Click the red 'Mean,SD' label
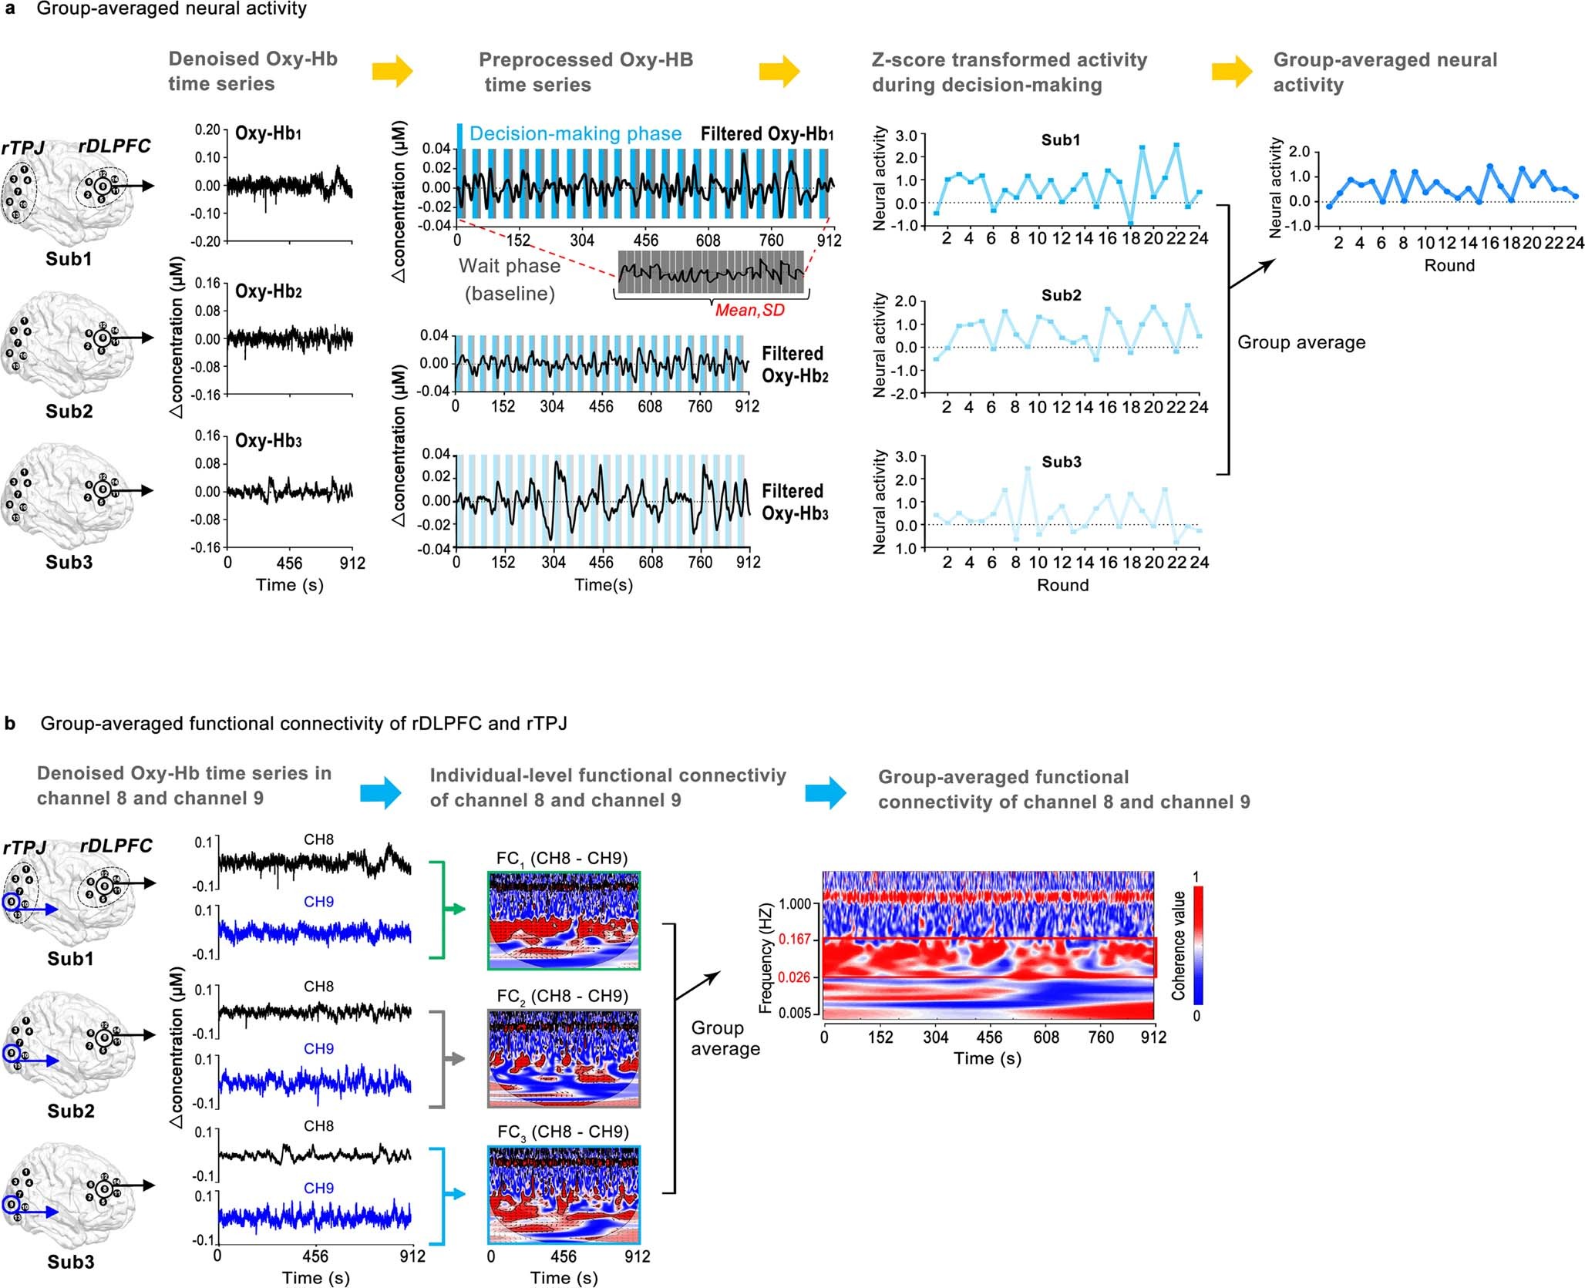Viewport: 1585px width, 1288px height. coord(749,311)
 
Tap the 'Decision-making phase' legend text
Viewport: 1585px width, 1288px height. coord(575,133)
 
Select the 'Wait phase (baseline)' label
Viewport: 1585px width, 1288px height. coord(510,279)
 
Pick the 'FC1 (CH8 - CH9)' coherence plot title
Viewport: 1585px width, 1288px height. coord(562,859)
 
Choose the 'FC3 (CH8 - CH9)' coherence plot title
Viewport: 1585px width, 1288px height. coord(563,1132)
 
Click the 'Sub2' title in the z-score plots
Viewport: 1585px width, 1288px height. coord(1061,295)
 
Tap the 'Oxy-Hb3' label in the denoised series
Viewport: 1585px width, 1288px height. coord(268,441)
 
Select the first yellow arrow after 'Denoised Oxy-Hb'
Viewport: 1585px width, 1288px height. coord(392,72)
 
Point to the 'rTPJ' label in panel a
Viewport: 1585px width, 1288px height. coord(23,146)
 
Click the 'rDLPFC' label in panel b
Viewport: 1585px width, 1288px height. coord(116,846)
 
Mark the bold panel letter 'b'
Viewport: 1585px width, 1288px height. coord(9,724)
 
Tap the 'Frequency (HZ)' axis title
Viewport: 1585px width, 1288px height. coord(766,959)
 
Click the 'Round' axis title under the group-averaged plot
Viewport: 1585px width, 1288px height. coord(1449,266)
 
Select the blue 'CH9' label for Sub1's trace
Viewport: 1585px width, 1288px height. coord(318,902)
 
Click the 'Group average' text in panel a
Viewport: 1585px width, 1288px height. coord(1301,342)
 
